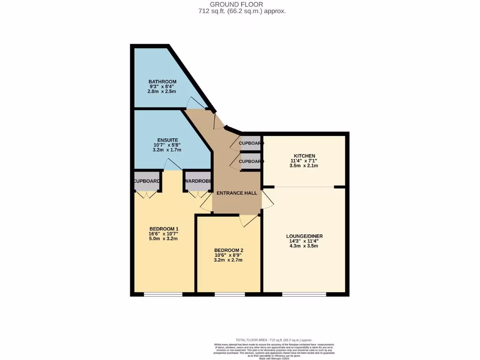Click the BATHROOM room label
click(162, 82)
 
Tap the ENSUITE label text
click(167, 140)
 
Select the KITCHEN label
click(304, 156)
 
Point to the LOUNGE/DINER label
click(304, 236)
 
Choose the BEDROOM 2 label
click(228, 250)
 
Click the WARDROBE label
click(198, 181)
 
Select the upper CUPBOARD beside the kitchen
click(250, 143)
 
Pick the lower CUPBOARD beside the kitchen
click(250, 161)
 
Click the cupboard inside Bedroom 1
click(147, 181)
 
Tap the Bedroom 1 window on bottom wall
click(163, 294)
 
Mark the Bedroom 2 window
click(230, 294)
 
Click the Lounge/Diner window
click(304, 294)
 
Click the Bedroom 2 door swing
click(247, 220)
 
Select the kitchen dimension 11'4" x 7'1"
click(304, 161)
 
